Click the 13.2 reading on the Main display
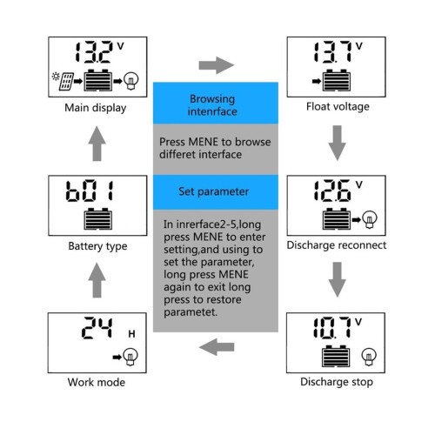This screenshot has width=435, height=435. tap(93, 52)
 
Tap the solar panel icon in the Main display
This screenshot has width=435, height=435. tap(66, 82)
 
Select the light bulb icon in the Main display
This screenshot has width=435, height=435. tap(131, 81)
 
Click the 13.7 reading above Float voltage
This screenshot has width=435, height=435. tap(332, 52)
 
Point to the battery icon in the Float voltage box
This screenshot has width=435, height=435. tap(337, 80)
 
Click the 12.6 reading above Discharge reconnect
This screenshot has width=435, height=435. tap(332, 191)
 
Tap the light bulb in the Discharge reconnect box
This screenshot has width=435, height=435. tap(370, 219)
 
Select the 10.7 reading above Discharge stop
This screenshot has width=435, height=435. tap(332, 328)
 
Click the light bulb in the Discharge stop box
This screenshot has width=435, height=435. tap(369, 357)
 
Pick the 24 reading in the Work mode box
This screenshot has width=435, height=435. tap(97, 328)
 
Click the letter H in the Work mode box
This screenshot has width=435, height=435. tap(131, 334)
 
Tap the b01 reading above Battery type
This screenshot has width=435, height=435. tap(90, 191)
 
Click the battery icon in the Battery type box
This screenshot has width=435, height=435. tap(98, 218)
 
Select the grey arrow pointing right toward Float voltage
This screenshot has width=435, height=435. tap(217, 65)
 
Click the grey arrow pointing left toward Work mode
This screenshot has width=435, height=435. tap(217, 347)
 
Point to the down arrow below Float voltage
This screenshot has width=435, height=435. tap(337, 143)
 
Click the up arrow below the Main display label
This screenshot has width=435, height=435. tap(97, 144)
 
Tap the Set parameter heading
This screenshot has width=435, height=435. tap(214, 191)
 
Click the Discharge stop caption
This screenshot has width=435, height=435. tap(337, 382)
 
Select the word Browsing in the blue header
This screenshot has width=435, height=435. tap(212, 99)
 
